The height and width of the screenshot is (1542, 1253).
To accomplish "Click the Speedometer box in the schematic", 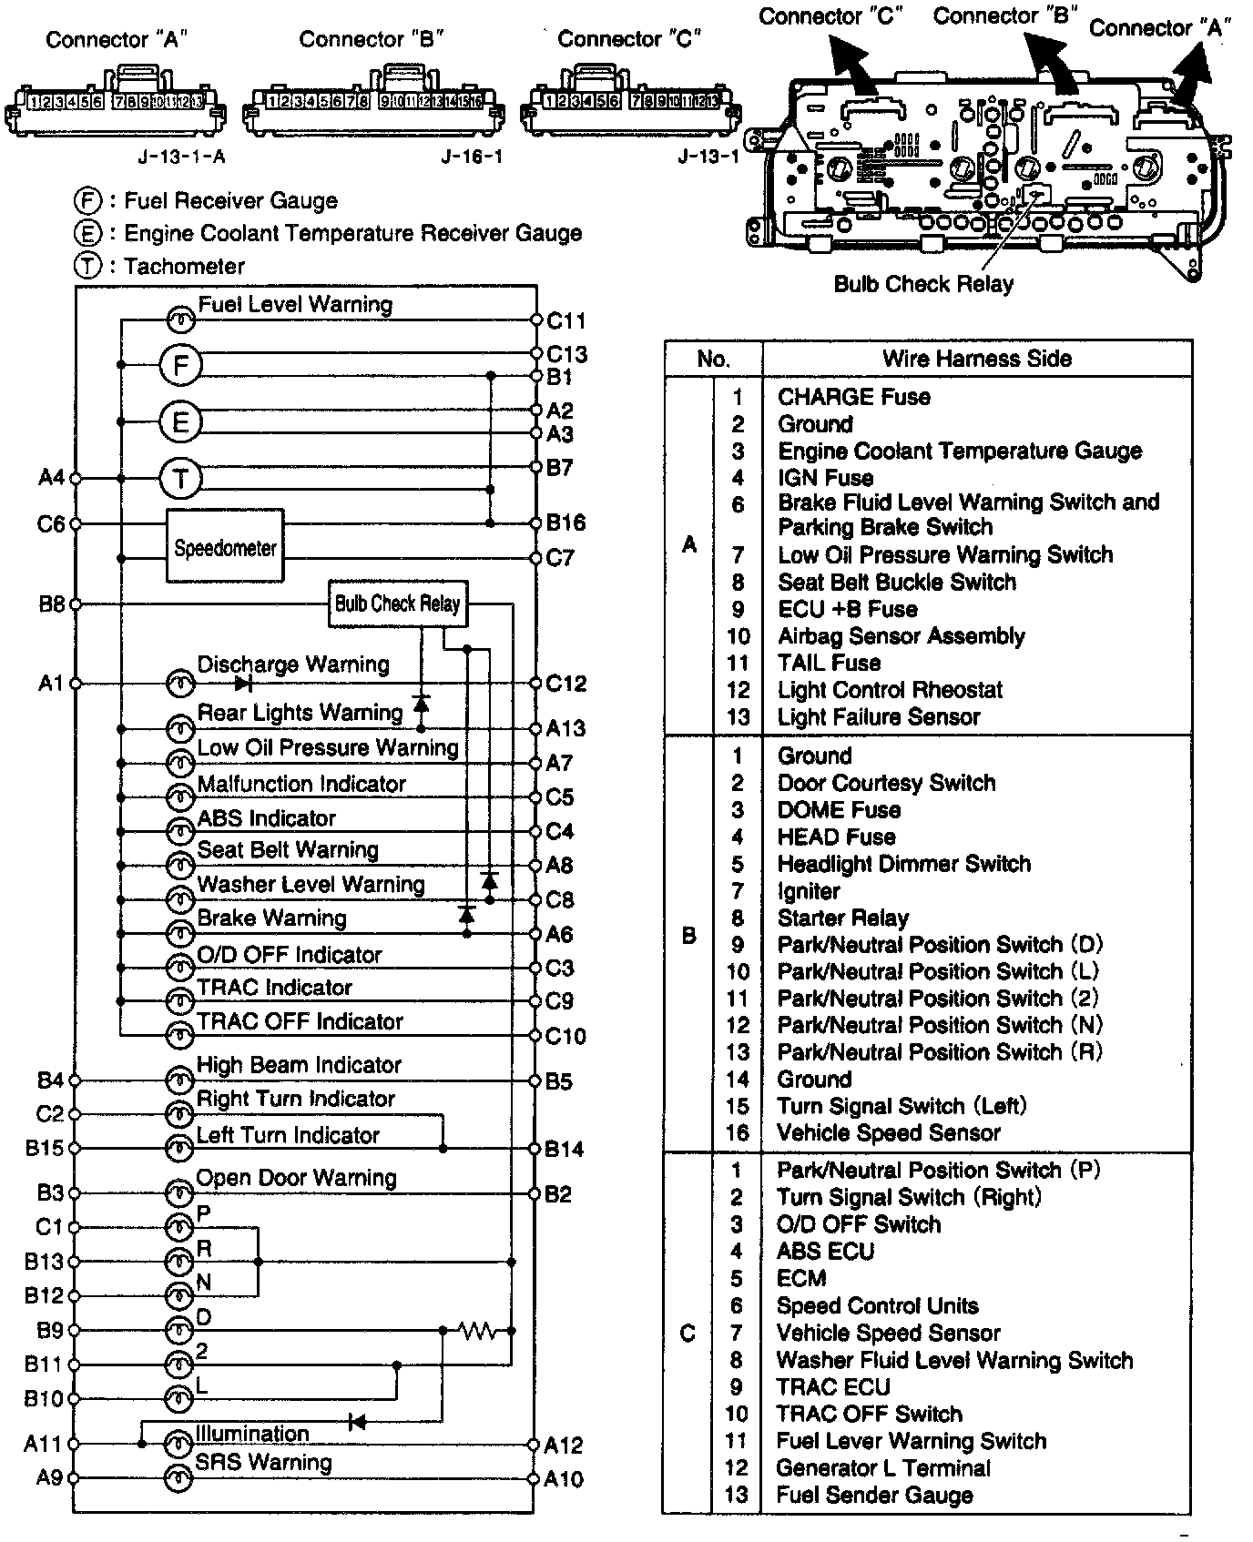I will [x=225, y=547].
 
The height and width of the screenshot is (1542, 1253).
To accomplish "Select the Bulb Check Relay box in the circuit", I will [x=397, y=604].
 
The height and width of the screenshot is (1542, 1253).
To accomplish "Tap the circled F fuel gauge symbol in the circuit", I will [x=180, y=366].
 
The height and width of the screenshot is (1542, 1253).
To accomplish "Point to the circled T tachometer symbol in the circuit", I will [x=180, y=478].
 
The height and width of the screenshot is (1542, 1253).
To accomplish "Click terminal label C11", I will [x=565, y=321].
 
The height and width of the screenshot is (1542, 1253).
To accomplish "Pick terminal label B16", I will [x=565, y=523].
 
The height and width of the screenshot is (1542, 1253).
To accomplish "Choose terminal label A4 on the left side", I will [x=51, y=477].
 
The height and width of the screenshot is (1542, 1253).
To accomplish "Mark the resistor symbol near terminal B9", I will [x=477, y=1332].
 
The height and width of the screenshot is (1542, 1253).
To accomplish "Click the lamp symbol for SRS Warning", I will [x=179, y=1478].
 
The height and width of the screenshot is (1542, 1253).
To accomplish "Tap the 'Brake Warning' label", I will [x=272, y=918].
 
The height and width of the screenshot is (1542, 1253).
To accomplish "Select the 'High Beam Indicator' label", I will [x=299, y=1065].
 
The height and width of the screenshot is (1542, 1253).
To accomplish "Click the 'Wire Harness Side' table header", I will [x=976, y=359].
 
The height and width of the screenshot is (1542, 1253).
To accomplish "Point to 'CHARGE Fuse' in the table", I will [x=853, y=397].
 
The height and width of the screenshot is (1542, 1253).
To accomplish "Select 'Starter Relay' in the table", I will [x=842, y=918].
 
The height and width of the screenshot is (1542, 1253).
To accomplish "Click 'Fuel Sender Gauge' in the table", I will [x=874, y=1495].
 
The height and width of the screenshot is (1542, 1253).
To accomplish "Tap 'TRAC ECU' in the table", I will [x=832, y=1387].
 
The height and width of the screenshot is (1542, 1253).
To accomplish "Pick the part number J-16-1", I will [x=472, y=157].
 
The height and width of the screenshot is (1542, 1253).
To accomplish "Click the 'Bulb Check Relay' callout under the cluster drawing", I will [x=923, y=284].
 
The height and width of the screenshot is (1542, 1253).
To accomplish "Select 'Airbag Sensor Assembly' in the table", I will [x=901, y=636].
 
